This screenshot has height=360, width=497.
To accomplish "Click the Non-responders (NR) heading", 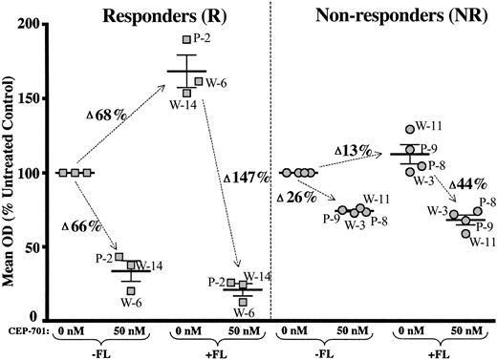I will tap(385, 16).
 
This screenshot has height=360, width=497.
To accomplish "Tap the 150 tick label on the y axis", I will tap(34, 97).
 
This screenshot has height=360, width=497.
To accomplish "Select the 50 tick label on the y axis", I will tap(38, 246).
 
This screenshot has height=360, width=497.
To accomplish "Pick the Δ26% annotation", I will tap(296, 197).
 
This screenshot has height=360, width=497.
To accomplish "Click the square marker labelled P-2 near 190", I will tap(186, 39).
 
